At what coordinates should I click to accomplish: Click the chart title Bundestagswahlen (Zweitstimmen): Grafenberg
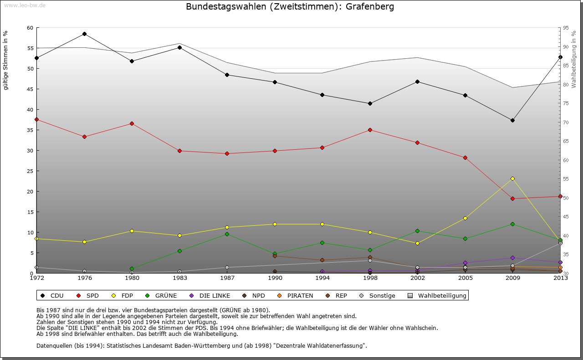(290, 7)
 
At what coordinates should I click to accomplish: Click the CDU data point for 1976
(84, 34)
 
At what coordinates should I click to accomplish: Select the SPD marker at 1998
(370, 130)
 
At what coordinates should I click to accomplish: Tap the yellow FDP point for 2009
(512, 178)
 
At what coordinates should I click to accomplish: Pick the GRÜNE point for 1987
(227, 234)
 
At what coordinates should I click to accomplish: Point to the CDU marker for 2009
(512, 120)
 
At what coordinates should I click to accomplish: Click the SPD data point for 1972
(36, 119)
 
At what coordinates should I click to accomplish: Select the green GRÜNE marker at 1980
(132, 269)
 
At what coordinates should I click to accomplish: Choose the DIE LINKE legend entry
(210, 296)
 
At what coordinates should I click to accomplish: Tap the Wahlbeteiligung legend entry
(438, 296)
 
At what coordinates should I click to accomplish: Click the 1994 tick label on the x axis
(322, 278)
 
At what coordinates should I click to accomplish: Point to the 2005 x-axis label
(465, 278)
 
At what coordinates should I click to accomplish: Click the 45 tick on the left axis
(30, 89)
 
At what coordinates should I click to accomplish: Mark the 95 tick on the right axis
(566, 28)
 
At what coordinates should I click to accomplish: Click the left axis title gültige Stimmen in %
(6, 60)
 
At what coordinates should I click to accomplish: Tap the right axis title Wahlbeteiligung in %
(574, 59)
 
